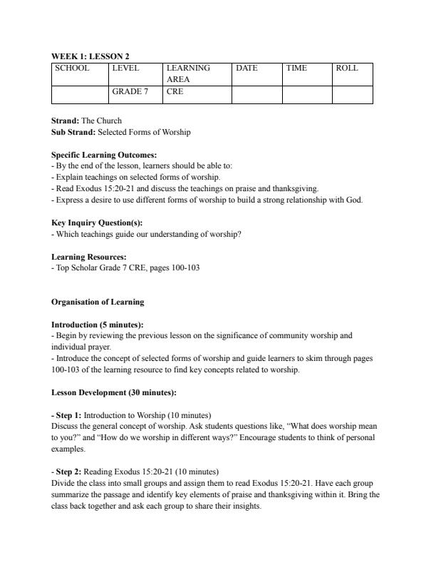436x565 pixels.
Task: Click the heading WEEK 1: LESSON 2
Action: coord(90,56)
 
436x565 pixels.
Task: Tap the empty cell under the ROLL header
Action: coord(352,95)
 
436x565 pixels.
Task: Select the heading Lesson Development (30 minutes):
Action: coord(108,392)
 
